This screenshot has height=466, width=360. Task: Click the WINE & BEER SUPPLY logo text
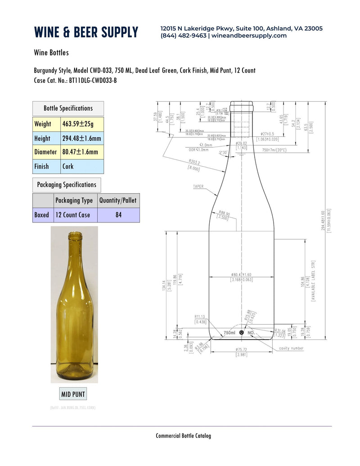click(x=86, y=32)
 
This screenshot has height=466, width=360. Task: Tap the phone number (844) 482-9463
click(x=183, y=36)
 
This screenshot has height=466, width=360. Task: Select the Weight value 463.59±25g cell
click(x=81, y=124)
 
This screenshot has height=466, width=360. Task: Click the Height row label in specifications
click(x=42, y=138)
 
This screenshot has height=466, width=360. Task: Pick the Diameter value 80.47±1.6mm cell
click(x=81, y=152)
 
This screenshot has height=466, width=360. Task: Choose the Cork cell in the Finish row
click(x=81, y=166)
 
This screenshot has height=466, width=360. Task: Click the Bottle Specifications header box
click(x=68, y=108)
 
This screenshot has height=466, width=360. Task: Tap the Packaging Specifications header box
click(x=67, y=185)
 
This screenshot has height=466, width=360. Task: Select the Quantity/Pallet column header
click(x=118, y=200)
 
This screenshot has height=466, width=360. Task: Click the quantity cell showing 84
click(x=118, y=215)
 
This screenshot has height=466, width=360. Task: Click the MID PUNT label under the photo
click(x=73, y=394)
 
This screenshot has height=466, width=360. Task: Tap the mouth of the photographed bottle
click(x=75, y=234)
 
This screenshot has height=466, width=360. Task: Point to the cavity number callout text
click(x=291, y=348)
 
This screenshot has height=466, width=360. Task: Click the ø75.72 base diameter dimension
click(x=242, y=349)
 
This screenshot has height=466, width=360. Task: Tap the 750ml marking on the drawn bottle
click(x=229, y=333)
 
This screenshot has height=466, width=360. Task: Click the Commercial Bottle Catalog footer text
click(x=183, y=435)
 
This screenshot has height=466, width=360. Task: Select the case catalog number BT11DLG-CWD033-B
click(x=92, y=81)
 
